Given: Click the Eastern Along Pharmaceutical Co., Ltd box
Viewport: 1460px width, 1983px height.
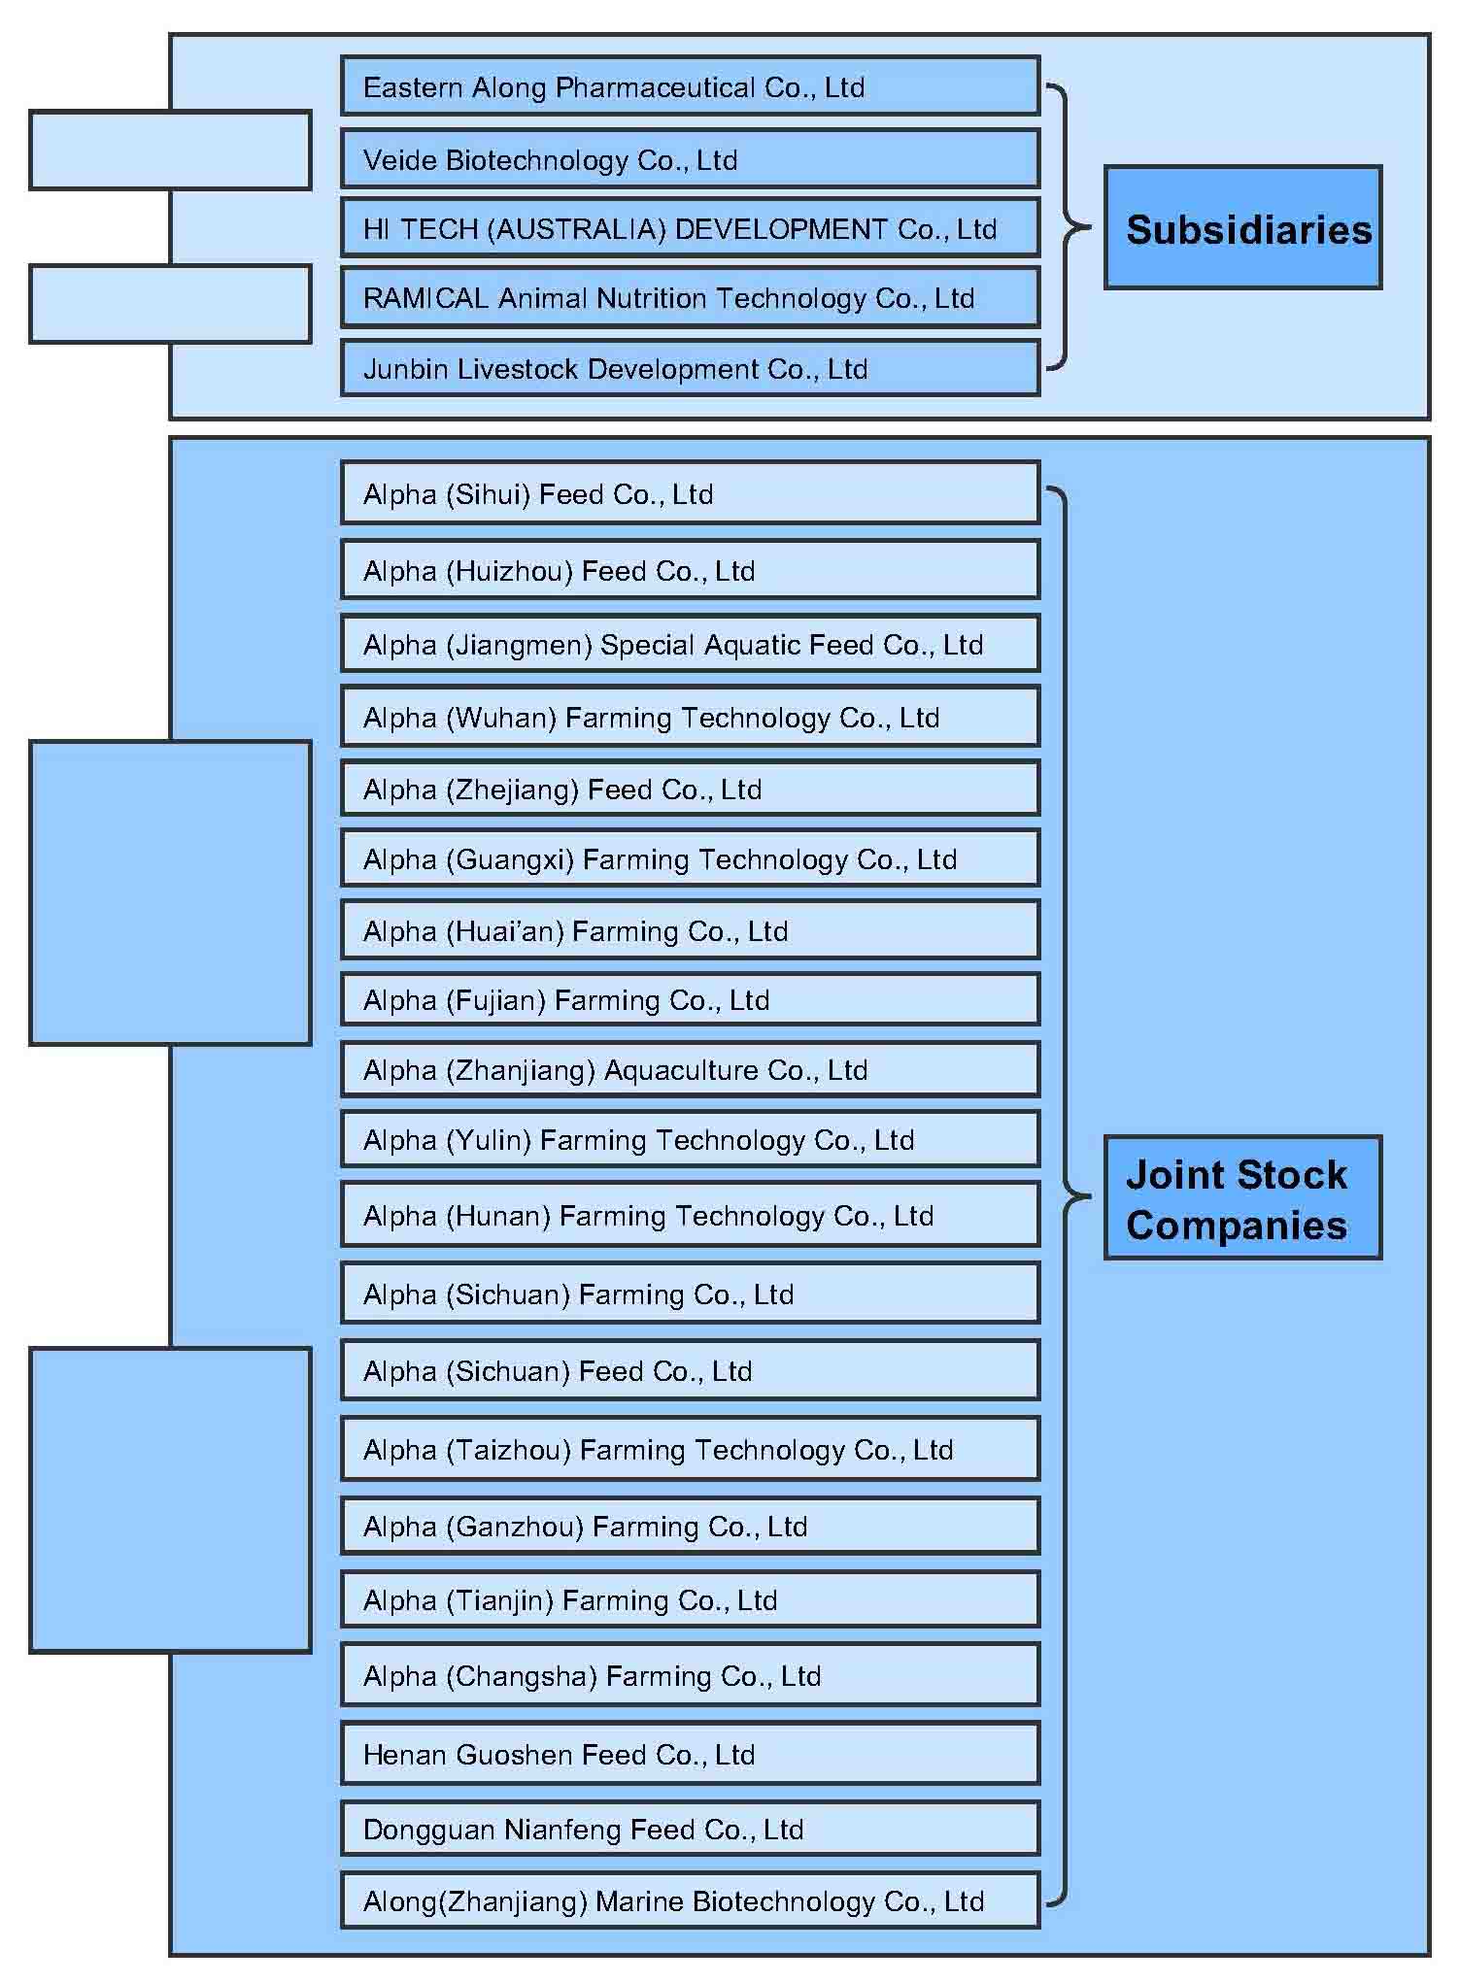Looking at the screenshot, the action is point(690,86).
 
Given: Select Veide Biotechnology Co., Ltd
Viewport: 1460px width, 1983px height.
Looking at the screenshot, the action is point(690,158).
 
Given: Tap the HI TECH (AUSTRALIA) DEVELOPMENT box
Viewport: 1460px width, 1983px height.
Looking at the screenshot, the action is point(690,228).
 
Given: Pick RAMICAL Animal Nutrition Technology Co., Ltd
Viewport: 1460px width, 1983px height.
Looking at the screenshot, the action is point(690,297).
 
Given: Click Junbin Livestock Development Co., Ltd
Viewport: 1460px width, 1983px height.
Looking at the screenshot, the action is point(690,368).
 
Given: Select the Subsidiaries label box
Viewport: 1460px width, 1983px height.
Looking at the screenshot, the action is point(1242,228).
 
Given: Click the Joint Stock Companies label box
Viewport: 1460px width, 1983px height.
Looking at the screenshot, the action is point(1242,1198).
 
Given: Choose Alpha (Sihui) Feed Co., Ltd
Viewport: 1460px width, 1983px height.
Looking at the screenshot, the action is point(690,493).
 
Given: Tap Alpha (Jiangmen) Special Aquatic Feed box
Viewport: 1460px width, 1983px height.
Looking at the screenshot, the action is point(690,644).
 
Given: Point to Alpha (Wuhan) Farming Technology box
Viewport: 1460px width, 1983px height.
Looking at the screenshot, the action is point(690,717).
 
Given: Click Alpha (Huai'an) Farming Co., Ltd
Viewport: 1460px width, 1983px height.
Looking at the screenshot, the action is point(690,930).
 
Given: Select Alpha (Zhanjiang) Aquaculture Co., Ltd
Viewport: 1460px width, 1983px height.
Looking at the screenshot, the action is point(690,1069).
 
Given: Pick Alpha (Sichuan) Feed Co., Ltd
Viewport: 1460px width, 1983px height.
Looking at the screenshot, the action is point(690,1370).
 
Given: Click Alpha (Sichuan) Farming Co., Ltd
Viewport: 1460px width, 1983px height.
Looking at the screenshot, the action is point(690,1294).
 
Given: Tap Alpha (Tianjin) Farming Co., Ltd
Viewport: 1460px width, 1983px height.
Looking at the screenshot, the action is point(690,1599).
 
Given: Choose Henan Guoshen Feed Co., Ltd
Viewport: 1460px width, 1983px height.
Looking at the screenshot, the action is point(690,1754).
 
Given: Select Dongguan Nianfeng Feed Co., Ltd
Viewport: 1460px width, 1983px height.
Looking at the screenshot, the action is point(690,1829).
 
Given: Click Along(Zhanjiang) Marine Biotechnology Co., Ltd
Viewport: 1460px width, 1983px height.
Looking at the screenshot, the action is point(690,1900).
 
